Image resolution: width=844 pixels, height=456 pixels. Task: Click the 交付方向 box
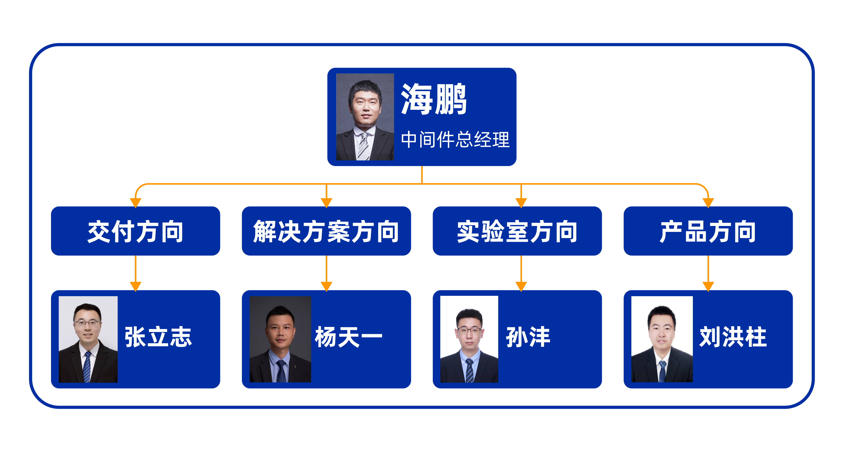(135, 231)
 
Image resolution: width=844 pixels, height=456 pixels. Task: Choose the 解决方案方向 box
(326, 231)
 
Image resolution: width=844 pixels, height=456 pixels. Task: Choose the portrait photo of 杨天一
(280, 339)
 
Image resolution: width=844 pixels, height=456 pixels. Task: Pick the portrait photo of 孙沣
(469, 339)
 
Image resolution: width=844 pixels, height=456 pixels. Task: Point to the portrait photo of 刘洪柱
(662, 339)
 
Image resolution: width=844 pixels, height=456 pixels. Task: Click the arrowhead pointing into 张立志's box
(136, 286)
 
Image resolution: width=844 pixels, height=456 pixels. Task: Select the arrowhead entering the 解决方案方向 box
(326, 203)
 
